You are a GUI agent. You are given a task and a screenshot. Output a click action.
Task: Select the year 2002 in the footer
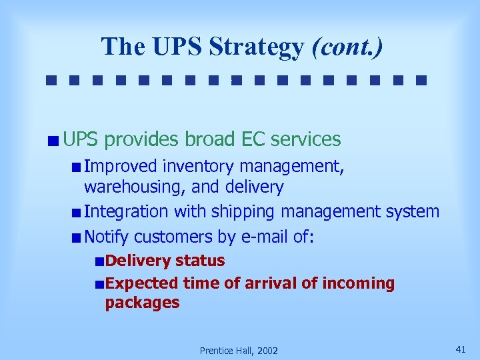coord(266,351)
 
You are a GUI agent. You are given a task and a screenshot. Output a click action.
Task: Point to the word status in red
coord(200,260)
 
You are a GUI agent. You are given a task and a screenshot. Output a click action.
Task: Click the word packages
coord(142,302)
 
